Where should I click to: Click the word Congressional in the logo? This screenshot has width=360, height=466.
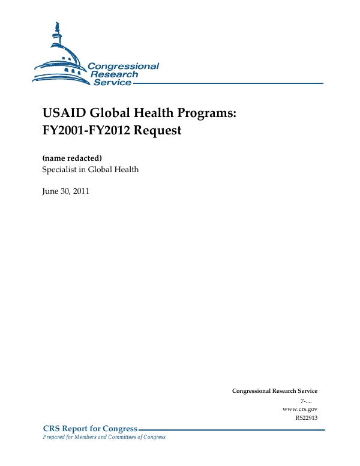click(x=123, y=66)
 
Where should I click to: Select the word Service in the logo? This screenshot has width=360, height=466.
click(x=112, y=82)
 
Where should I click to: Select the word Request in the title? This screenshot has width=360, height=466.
click(x=158, y=130)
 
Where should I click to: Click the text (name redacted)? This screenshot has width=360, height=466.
click(x=71, y=158)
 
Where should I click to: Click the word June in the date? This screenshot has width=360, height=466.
click(x=50, y=191)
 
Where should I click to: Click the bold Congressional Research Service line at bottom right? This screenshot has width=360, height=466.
click(x=274, y=391)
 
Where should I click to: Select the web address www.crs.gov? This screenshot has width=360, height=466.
click(x=299, y=408)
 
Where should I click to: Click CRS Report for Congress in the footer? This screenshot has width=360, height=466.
click(x=90, y=429)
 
